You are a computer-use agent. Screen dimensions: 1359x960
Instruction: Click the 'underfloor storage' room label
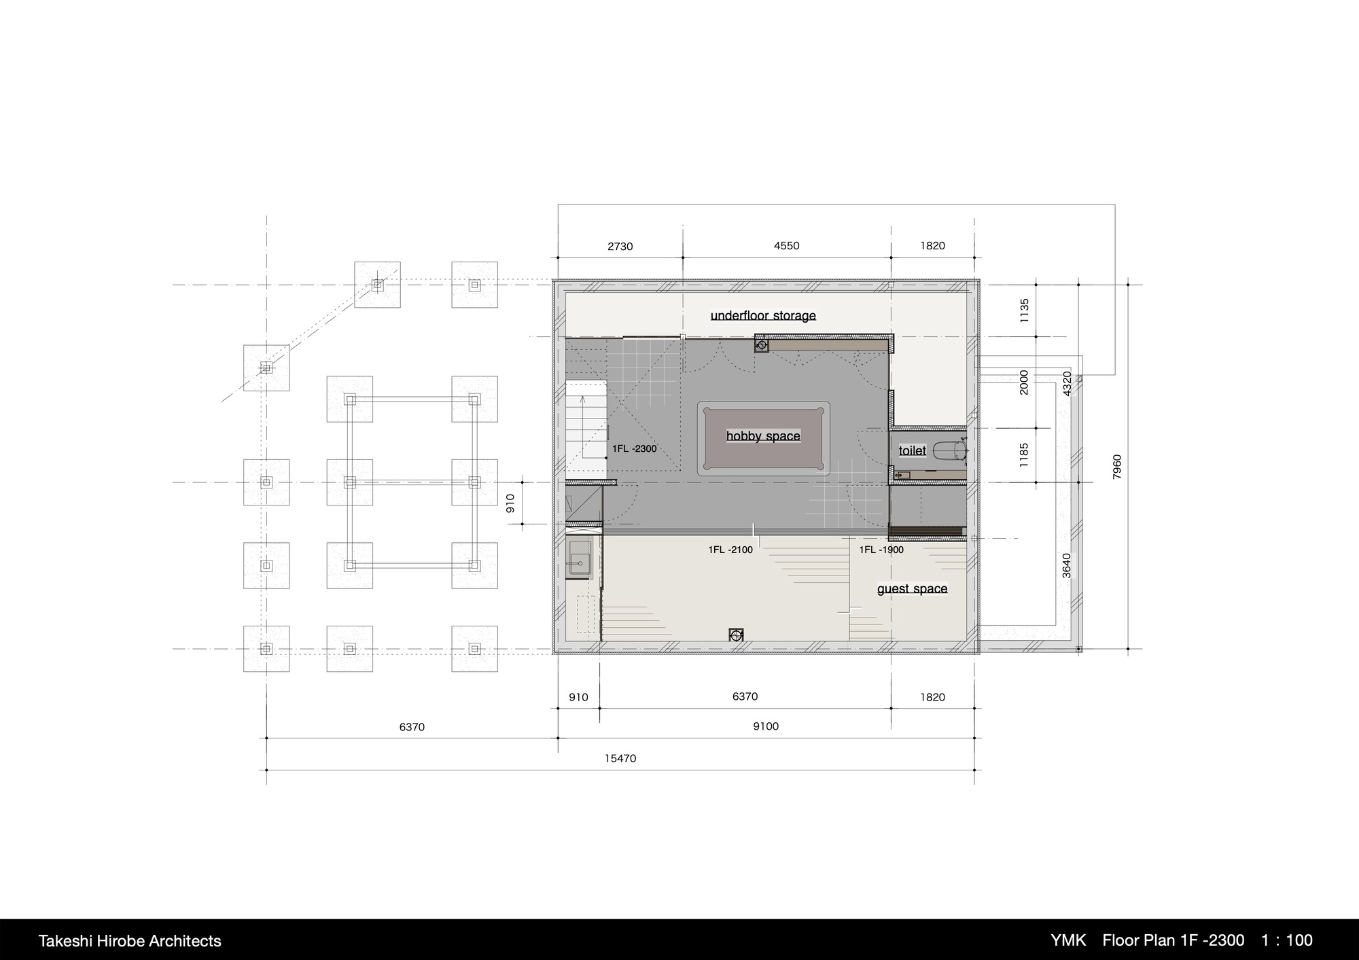tap(763, 315)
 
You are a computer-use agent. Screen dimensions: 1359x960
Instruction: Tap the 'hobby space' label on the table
tap(763, 436)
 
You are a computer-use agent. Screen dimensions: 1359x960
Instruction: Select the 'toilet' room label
tap(912, 450)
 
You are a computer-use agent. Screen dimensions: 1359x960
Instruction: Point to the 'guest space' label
tap(912, 588)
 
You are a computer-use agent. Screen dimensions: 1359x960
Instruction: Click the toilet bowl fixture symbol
tap(951, 451)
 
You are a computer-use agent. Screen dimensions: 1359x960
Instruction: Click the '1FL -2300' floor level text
tap(634, 448)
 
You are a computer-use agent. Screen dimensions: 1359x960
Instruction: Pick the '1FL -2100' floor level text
tap(730, 550)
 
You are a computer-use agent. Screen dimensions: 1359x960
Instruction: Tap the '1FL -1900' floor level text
tap(881, 550)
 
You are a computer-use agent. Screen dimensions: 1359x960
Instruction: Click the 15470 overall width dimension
tap(620, 758)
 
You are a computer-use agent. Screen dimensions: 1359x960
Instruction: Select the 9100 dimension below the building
tap(766, 726)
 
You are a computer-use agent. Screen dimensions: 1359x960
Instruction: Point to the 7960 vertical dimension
tap(1118, 467)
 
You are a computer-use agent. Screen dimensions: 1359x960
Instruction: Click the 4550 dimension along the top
tap(786, 246)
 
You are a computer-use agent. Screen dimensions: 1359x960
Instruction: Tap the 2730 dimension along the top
tap(620, 247)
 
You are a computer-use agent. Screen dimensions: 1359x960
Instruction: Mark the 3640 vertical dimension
tap(1066, 566)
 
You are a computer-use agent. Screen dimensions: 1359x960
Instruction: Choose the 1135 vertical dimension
tap(1024, 310)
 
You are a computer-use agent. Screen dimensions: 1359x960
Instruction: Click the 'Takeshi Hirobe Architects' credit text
tap(130, 941)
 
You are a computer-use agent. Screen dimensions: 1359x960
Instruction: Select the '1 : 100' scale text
tap(1287, 940)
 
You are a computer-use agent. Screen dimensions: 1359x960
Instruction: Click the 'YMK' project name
tap(1069, 940)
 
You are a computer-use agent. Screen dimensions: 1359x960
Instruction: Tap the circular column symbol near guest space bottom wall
tap(736, 635)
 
